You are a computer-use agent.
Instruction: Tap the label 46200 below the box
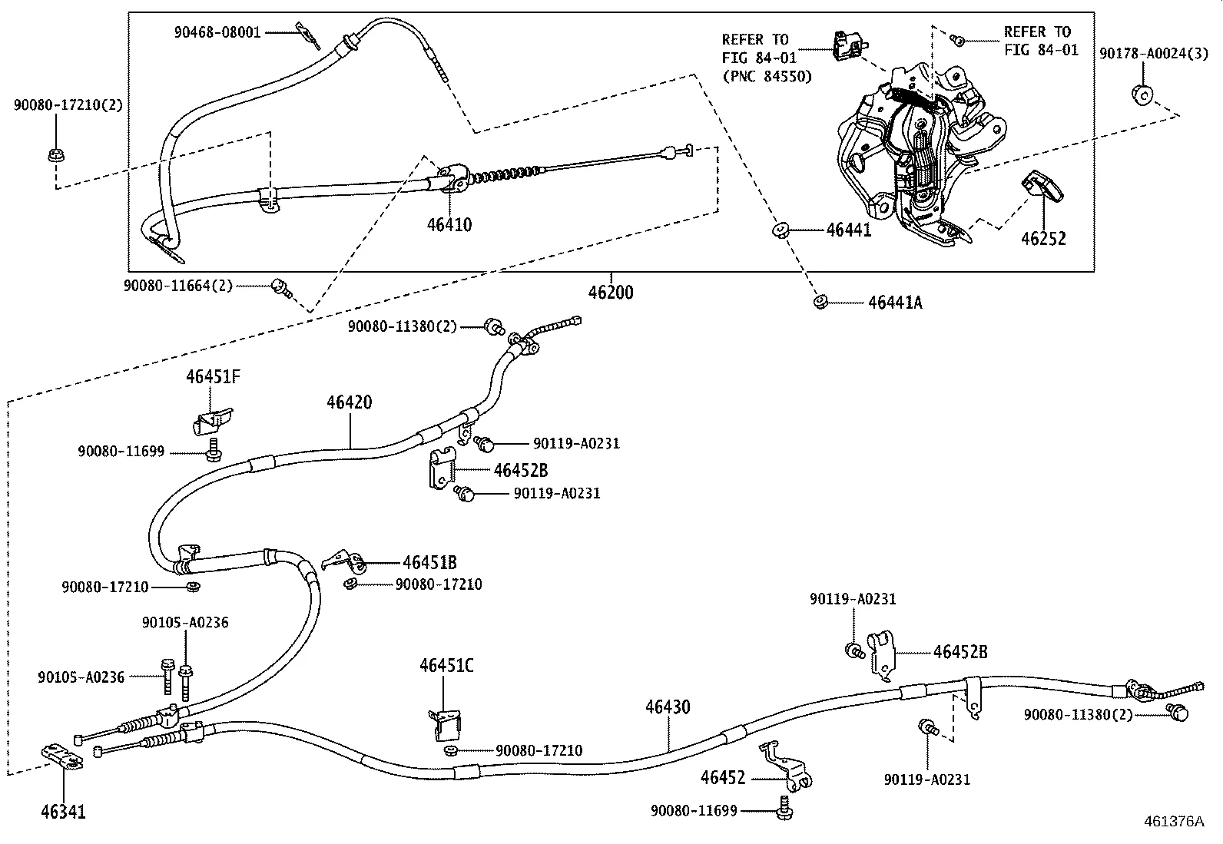click(611, 293)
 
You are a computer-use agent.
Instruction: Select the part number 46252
click(1043, 239)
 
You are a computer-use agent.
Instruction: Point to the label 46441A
click(895, 303)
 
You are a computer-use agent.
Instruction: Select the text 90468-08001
click(217, 32)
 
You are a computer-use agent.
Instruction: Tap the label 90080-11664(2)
click(177, 286)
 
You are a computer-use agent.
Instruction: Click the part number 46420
click(349, 402)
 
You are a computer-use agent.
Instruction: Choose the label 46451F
click(213, 377)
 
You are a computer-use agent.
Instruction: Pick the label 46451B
click(429, 563)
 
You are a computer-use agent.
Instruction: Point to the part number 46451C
click(446, 666)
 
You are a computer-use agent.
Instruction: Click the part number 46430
click(668, 707)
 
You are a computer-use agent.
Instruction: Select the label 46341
click(62, 812)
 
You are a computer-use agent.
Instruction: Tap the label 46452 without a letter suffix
click(723, 778)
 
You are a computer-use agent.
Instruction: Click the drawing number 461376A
click(1172, 822)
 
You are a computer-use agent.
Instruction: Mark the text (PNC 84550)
click(766, 77)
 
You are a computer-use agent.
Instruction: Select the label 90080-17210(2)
click(68, 105)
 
